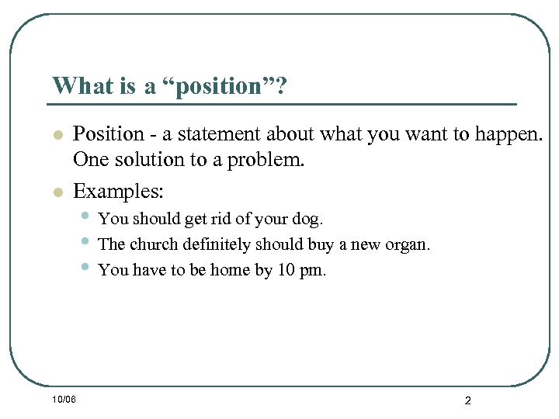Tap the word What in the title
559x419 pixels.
[x=82, y=85]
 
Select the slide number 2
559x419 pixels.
[x=467, y=400]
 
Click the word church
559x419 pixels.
[x=153, y=244]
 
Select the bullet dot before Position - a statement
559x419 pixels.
[x=56, y=136]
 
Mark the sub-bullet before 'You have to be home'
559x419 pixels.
[x=85, y=268]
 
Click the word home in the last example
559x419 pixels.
[x=232, y=271]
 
